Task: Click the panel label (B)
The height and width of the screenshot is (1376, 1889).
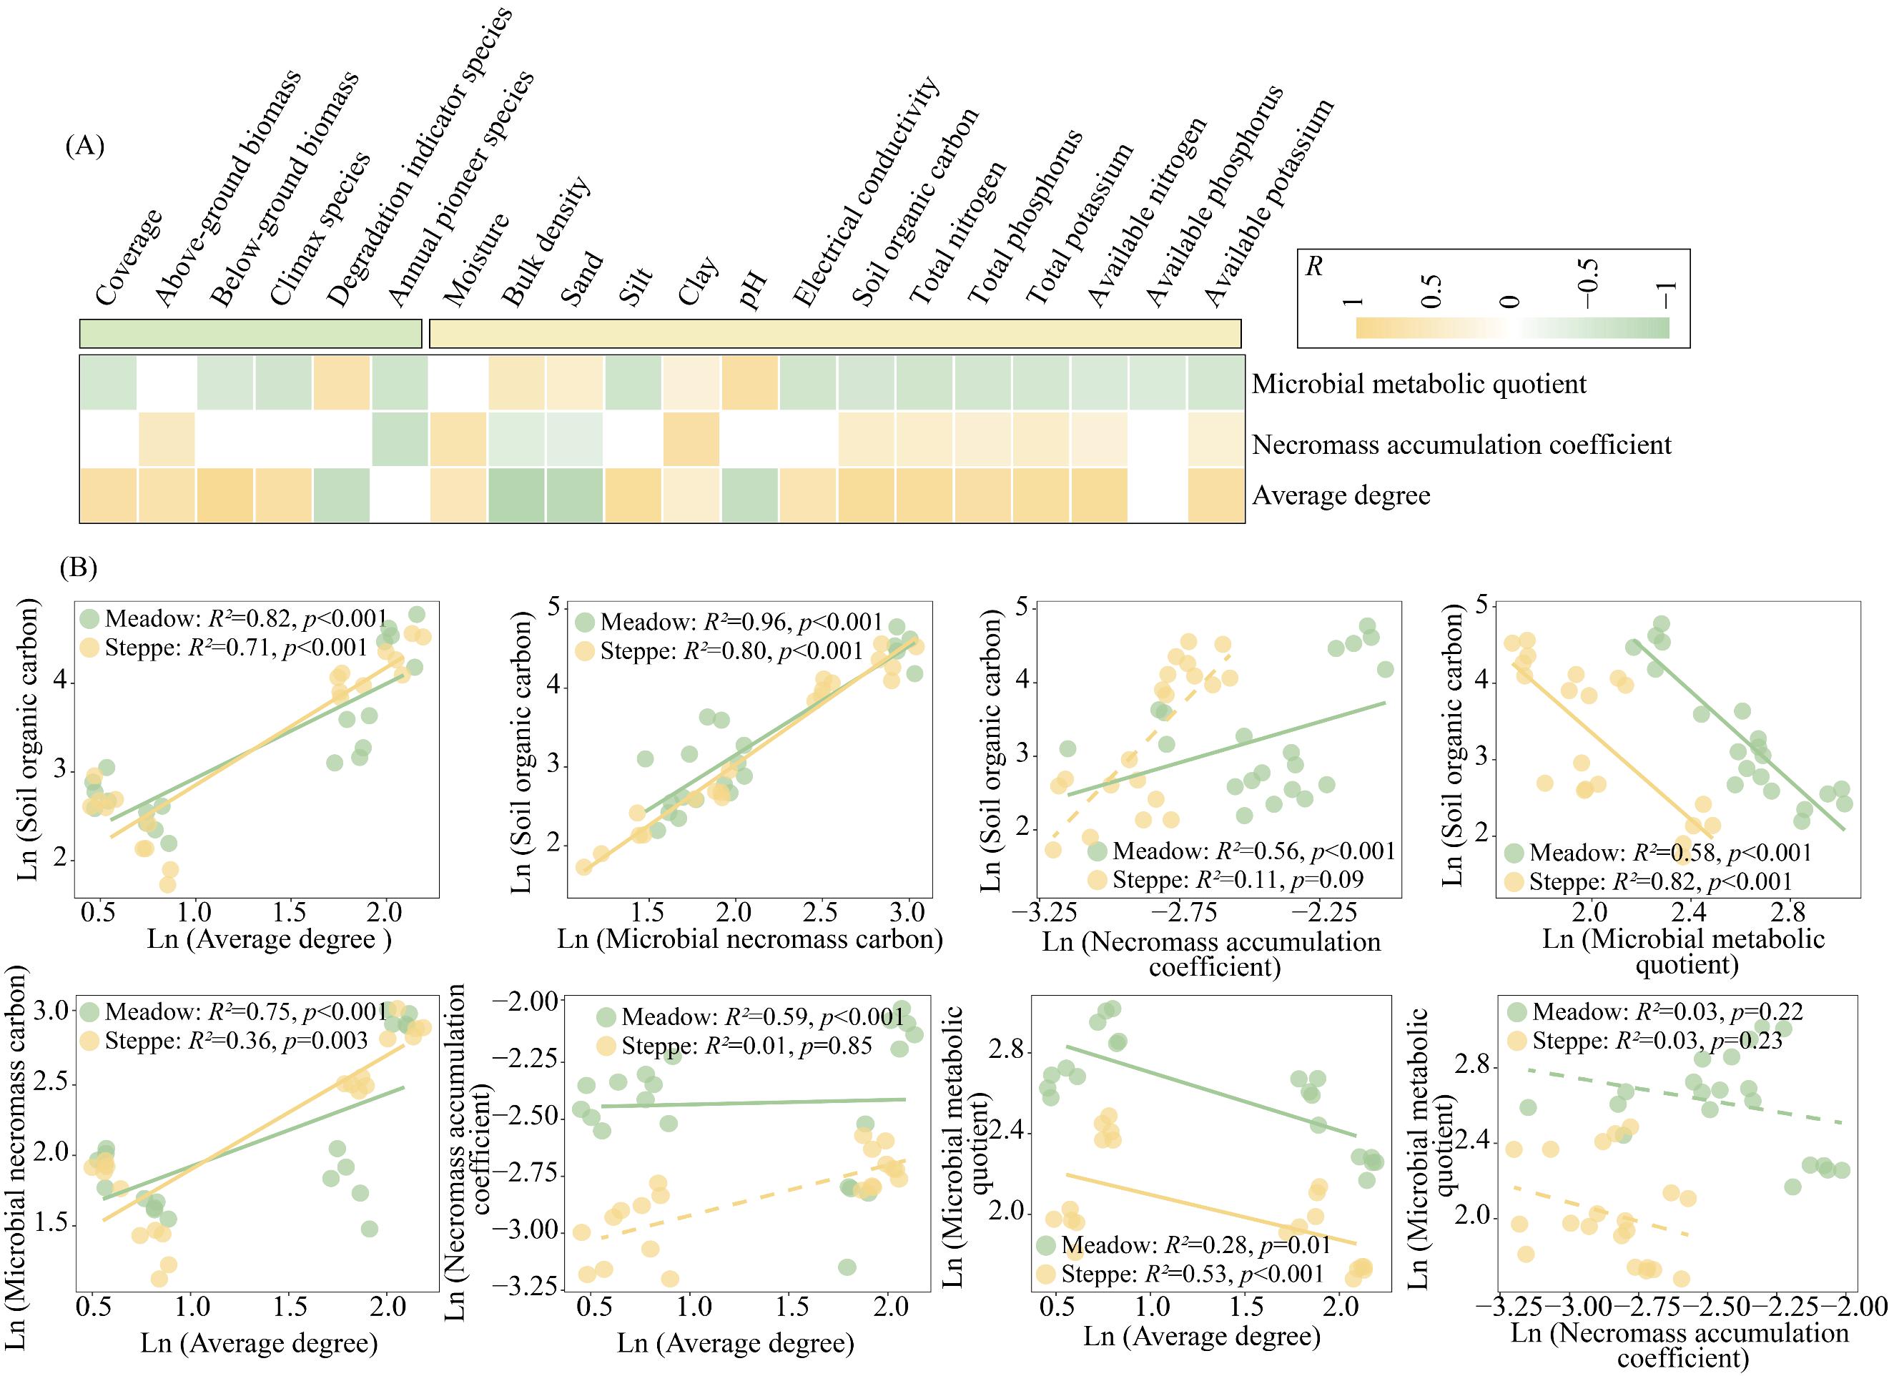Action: tap(79, 568)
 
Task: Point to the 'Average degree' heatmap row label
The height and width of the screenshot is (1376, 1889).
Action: tap(1341, 495)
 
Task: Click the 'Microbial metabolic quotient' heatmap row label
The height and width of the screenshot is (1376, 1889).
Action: tap(1419, 384)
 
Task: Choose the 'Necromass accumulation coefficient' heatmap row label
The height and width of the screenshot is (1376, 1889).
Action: tap(1461, 445)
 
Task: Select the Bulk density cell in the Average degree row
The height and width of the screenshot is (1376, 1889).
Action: tap(516, 495)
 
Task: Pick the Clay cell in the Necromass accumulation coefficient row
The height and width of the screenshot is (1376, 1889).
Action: tap(691, 439)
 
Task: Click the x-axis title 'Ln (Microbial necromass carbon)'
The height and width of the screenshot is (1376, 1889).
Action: tap(749, 939)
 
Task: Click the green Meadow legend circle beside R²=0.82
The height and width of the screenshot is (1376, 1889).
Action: tap(90, 619)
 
